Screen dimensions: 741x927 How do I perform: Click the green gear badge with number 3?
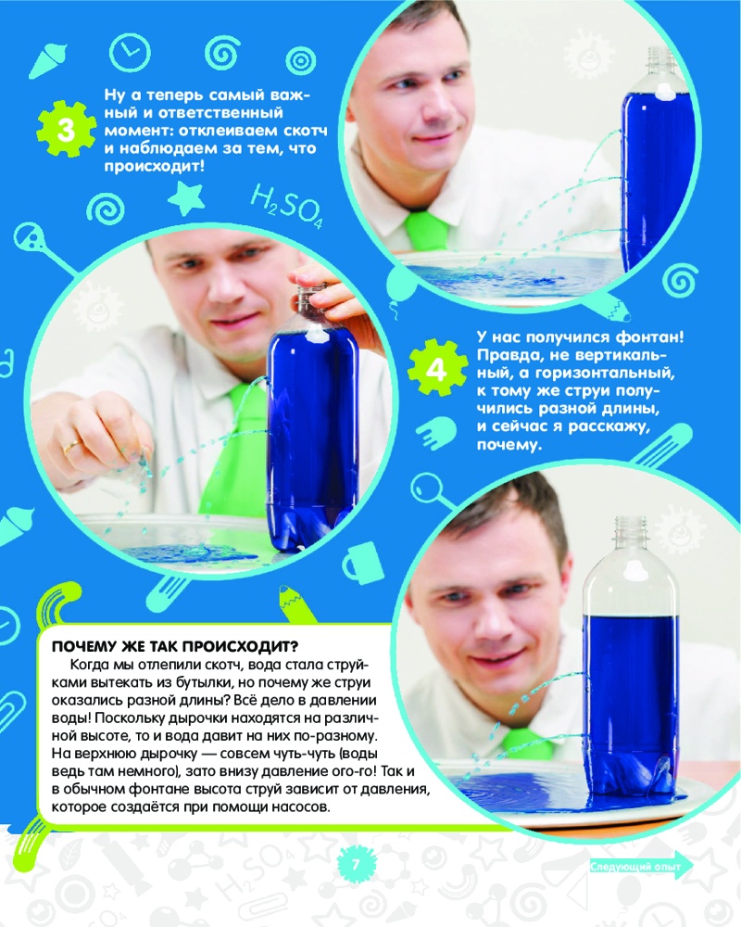click(x=66, y=129)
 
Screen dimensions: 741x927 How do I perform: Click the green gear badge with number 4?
click(x=436, y=368)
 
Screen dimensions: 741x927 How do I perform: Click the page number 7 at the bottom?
click(x=356, y=864)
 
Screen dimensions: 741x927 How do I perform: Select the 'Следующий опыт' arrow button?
click(x=641, y=867)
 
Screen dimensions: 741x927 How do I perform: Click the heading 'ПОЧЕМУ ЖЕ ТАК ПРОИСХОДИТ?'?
click(x=175, y=646)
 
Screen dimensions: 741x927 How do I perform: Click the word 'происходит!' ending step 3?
click(x=155, y=166)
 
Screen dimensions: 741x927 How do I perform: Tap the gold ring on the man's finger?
click(x=72, y=447)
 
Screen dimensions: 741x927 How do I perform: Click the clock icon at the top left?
click(x=130, y=54)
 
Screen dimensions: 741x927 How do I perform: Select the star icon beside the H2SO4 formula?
click(x=187, y=198)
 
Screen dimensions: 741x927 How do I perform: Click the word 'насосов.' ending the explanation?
click(x=300, y=807)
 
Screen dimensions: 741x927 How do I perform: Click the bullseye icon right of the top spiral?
click(x=301, y=60)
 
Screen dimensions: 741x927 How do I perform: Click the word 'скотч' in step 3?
click(x=306, y=131)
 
